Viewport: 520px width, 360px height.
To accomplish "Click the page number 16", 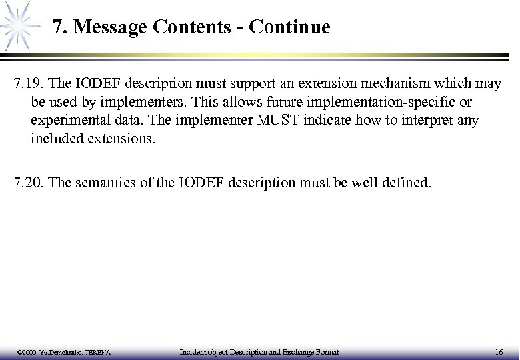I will coord(499,351).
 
